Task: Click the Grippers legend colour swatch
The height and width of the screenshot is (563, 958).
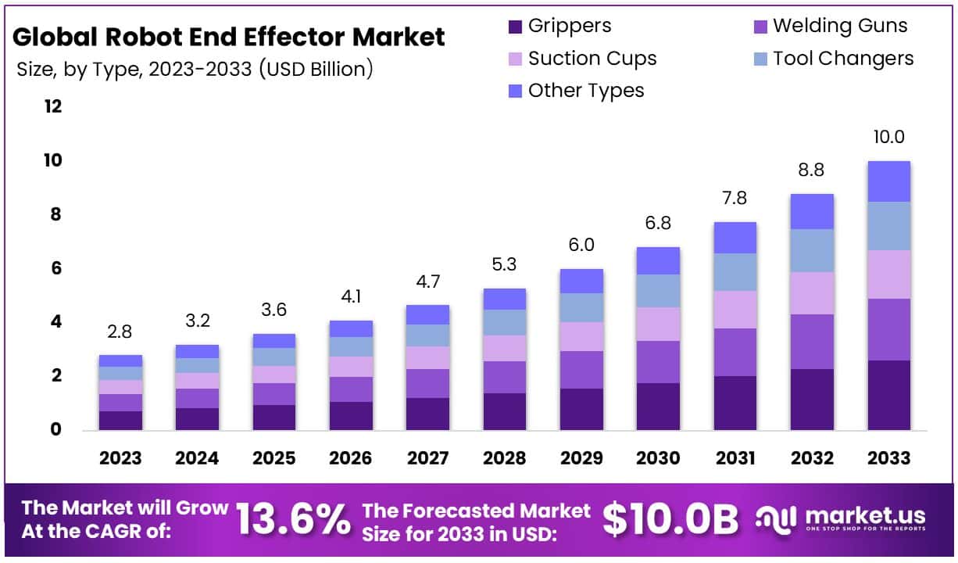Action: pyautogui.click(x=515, y=27)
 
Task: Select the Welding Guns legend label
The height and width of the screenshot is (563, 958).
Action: pyautogui.click(x=840, y=26)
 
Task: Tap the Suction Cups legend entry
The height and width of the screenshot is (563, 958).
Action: pyautogui.click(x=592, y=59)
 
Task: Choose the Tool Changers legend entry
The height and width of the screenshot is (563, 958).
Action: pyautogui.click(x=842, y=59)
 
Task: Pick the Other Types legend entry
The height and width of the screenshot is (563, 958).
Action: pyautogui.click(x=585, y=91)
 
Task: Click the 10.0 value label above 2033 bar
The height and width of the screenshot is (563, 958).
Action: pyautogui.click(x=888, y=137)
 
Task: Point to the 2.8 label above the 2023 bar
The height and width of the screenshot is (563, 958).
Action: pyautogui.click(x=120, y=332)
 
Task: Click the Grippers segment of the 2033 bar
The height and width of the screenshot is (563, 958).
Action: pyautogui.click(x=888, y=395)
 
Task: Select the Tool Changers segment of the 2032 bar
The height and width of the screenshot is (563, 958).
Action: pyautogui.click(x=812, y=250)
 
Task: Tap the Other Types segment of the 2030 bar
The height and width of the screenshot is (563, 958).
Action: pyautogui.click(x=658, y=260)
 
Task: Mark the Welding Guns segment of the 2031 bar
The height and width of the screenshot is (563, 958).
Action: pyautogui.click(x=735, y=352)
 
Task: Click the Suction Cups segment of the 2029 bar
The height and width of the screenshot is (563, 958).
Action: pyautogui.click(x=581, y=336)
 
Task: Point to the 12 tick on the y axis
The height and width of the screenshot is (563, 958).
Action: pyautogui.click(x=52, y=106)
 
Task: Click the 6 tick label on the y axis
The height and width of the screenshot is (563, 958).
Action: pyautogui.click(x=55, y=268)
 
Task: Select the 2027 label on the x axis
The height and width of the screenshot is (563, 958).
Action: pyautogui.click(x=427, y=458)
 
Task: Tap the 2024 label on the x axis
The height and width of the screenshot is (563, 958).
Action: pyautogui.click(x=197, y=458)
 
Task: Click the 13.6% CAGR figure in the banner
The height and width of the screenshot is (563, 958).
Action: pyautogui.click(x=292, y=518)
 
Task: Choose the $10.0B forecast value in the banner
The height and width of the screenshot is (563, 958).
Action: pyautogui.click(x=670, y=518)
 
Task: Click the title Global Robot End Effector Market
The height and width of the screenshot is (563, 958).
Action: pyautogui.click(x=229, y=37)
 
